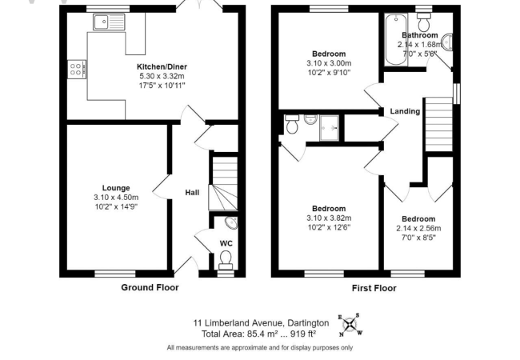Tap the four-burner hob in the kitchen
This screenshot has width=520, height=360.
[x=78, y=70]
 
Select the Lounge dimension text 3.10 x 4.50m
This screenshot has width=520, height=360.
[x=115, y=197]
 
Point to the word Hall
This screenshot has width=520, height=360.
[x=192, y=192]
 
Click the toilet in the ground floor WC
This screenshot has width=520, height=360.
[x=226, y=257]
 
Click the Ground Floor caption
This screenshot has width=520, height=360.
[x=150, y=287]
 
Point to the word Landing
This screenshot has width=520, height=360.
[x=405, y=111]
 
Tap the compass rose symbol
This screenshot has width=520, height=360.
[x=350, y=323]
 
